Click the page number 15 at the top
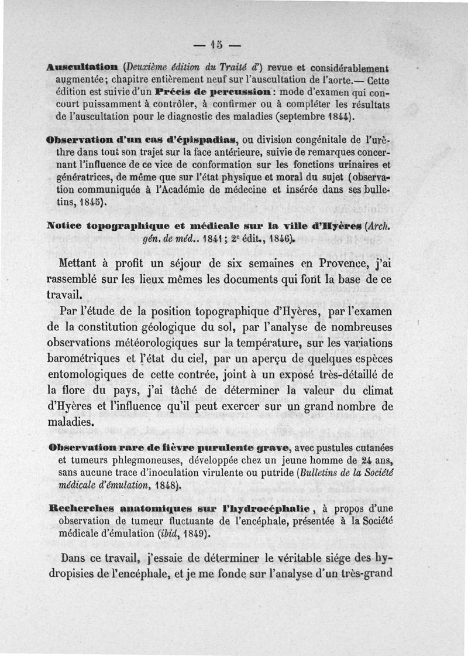tap(218, 44)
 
